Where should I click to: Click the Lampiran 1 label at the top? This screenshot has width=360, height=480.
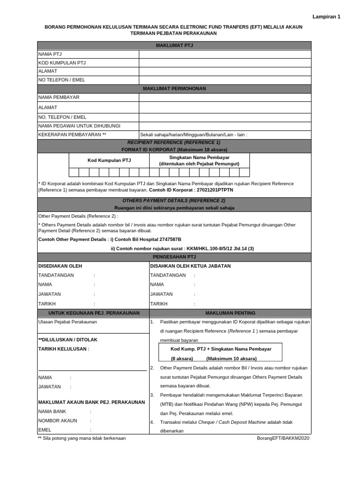tap(327, 16)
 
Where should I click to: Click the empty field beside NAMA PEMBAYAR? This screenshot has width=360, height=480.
tap(225, 97)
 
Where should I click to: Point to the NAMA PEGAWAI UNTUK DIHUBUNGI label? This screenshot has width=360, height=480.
tap(79, 126)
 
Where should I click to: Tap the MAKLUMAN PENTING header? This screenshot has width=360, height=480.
tap(230, 313)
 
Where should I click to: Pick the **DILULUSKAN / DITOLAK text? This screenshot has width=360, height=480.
tap(68, 339)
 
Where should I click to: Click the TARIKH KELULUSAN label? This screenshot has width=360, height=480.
tap(63, 349)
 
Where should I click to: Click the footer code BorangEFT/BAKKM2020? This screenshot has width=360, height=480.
tap(283, 438)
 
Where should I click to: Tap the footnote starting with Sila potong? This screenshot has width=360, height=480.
tap(82, 438)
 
